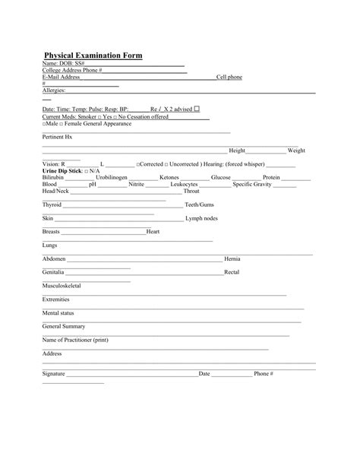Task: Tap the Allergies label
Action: coord(55,90)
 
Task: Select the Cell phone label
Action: coord(229,78)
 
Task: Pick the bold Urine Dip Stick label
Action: coord(62,171)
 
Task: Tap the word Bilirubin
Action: coord(54,178)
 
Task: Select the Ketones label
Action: coord(169,178)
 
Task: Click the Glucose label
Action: coord(221,178)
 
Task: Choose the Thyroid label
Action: coord(52,205)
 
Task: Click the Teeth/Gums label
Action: coord(199,205)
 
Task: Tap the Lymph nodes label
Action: coord(201,219)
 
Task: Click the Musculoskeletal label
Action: coord(62,286)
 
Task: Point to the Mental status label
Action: coord(58,313)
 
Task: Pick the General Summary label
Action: coord(64,327)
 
